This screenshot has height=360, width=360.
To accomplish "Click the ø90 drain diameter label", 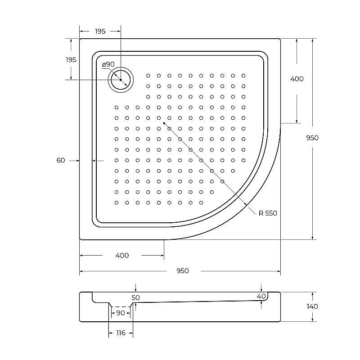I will click(x=108, y=65).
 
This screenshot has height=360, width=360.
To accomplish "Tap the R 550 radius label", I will click(x=268, y=213).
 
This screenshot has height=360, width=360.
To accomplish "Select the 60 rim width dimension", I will click(x=61, y=160).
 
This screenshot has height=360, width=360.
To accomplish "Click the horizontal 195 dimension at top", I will click(x=100, y=31).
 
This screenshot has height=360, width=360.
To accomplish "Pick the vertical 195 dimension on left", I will click(x=71, y=60).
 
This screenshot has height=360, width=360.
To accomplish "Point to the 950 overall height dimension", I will click(x=312, y=138).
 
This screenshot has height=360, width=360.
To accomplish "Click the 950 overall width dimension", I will click(x=182, y=271).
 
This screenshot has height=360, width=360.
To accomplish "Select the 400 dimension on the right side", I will click(x=297, y=79).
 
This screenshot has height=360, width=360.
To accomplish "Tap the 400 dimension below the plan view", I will click(x=122, y=256).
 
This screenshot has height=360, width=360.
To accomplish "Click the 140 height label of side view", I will click(x=312, y=306).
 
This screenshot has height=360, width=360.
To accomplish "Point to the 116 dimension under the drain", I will click(x=120, y=333).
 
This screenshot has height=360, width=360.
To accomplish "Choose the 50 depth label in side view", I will click(x=136, y=298).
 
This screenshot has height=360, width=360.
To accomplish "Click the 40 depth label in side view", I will click(x=261, y=296).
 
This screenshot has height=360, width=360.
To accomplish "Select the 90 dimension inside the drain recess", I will click(x=121, y=313).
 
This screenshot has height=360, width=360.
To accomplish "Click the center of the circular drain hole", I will click(x=121, y=80).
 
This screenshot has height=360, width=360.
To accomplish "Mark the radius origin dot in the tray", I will click(x=164, y=123).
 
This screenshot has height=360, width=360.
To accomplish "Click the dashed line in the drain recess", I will click(x=120, y=307).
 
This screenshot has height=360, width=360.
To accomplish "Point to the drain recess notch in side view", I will click(x=120, y=305).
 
